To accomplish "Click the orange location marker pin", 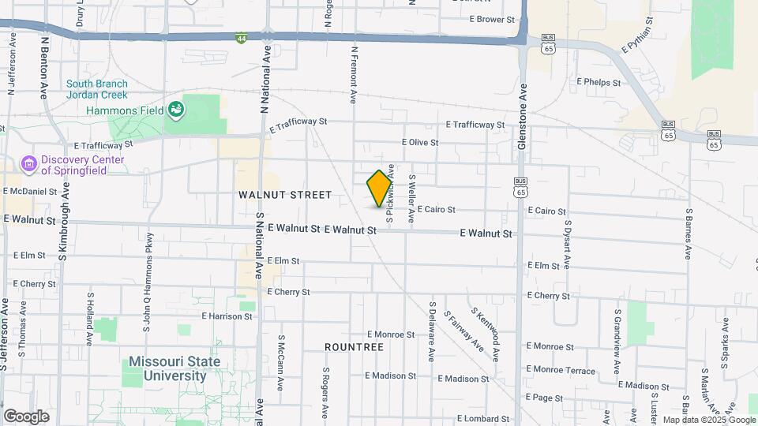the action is click(379, 189).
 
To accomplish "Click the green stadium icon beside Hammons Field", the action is click(175, 110).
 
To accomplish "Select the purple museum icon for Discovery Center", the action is click(29, 164).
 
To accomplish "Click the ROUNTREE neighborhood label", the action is click(354, 346).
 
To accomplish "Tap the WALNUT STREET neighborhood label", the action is click(285, 194).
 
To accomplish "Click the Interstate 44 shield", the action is click(241, 37).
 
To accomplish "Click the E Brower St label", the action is click(491, 19).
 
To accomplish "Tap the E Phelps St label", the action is click(599, 81).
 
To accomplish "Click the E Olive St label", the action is click(419, 142).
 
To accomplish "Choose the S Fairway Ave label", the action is click(463, 331).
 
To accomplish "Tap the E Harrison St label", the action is click(226, 316).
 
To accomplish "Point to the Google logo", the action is click(26, 416).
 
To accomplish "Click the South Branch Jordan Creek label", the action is click(103, 90).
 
